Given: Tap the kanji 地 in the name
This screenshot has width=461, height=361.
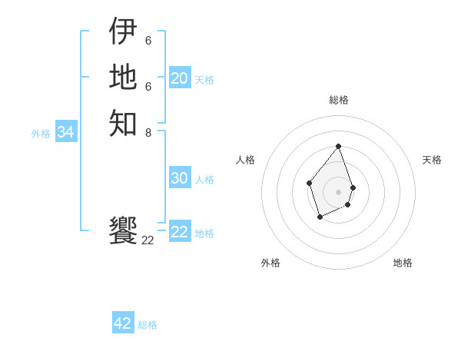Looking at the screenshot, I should [123, 77].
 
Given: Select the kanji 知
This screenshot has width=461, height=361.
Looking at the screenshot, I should [123, 123].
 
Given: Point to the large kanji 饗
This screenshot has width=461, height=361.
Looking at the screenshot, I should [123, 230].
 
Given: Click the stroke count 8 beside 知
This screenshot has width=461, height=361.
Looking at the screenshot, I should [148, 132].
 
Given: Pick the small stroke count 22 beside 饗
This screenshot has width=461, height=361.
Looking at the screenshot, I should [148, 240].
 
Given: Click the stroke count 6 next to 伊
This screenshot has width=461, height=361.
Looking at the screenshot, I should [148, 40].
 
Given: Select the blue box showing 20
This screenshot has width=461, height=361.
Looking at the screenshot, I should [180, 78].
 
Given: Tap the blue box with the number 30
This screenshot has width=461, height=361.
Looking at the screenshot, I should [180, 178].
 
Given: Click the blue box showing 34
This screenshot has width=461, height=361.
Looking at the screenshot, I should [66, 132].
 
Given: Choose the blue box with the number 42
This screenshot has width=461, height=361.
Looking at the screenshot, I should [123, 323].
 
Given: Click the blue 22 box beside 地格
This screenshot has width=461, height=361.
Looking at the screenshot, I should [180, 232].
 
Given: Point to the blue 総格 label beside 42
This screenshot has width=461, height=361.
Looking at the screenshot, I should [148, 325].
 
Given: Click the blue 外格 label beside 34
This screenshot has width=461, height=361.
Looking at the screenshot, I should [41, 134].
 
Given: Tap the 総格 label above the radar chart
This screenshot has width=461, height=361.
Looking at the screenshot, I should [338, 100].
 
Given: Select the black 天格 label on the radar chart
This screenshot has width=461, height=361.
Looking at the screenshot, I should [432, 160].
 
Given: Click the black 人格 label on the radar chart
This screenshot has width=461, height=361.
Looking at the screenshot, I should [245, 160].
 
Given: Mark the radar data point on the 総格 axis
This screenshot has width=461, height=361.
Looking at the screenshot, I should [338, 146].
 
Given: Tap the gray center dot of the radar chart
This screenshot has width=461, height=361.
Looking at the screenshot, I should [338, 191].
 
